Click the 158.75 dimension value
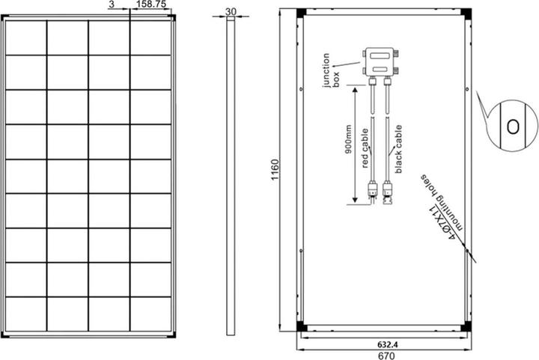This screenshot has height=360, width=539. (x=151, y=4)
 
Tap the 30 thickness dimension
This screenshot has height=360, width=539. (x=231, y=11)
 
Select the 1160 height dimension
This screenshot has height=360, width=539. (x=275, y=170)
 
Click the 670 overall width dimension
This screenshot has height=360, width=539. (x=386, y=356)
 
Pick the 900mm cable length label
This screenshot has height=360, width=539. (x=348, y=139)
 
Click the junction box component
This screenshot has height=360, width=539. (x=380, y=62)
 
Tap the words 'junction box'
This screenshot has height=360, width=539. (x=331, y=70)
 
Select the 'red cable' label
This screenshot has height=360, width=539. (x=365, y=148)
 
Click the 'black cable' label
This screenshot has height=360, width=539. (x=398, y=149)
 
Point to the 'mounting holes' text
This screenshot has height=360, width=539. (x=442, y=202)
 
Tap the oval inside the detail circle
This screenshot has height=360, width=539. (x=513, y=126)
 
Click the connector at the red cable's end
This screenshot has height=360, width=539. (x=372, y=192)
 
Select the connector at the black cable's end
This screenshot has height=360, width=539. (x=388, y=192)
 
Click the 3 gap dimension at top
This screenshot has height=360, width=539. (x=111, y=4)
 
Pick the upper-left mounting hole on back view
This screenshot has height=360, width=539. (x=301, y=89)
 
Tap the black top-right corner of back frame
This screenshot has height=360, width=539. (x=466, y=13)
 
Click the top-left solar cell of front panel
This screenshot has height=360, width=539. (x=25, y=37)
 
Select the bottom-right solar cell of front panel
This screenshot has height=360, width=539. (x=151, y=314)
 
